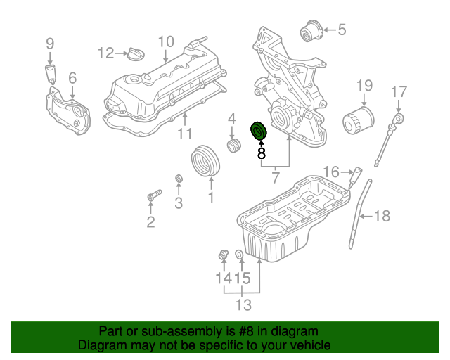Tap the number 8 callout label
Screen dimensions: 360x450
[261, 151]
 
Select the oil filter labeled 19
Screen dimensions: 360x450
[356, 124]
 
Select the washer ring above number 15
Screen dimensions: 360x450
[239, 254]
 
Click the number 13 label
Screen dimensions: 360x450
[243, 305]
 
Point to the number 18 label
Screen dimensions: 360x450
[381, 217]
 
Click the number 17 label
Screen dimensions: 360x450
[399, 91]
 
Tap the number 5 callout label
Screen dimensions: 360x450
[342, 30]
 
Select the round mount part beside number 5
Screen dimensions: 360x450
[311, 32]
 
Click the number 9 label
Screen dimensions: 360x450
[50, 44]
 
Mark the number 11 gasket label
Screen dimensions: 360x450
[184, 134]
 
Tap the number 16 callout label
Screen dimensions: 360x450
[331, 171]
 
